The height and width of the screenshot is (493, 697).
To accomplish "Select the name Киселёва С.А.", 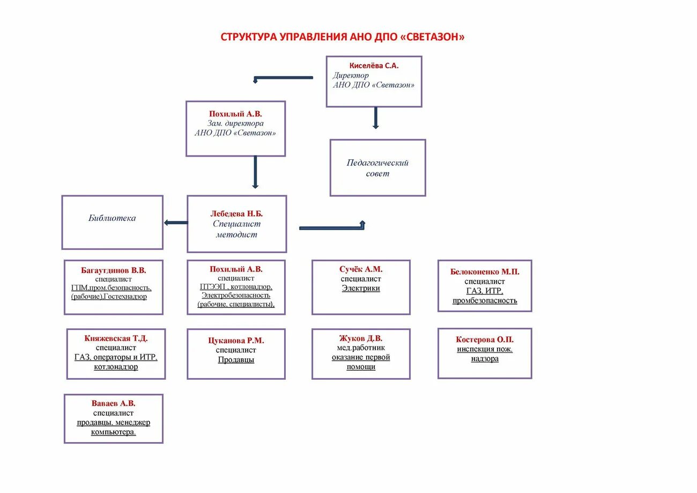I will click(374, 65).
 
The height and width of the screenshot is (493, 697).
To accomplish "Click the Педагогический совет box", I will click(377, 168).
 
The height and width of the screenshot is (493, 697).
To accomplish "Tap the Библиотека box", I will click(112, 218).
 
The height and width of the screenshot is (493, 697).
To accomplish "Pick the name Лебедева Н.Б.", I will click(236, 214).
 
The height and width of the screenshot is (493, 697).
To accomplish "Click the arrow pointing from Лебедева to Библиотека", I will click(175, 223).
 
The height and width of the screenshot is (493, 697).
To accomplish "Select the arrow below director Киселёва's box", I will click(375, 118).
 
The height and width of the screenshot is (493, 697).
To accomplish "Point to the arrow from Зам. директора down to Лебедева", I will click(255, 172).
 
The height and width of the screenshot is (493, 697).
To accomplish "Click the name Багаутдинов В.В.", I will click(114, 270).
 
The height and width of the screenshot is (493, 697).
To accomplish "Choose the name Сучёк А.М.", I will click(361, 269).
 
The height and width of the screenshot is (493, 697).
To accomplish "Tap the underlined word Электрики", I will click(361, 289).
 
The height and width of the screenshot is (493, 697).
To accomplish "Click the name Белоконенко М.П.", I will click(485, 272).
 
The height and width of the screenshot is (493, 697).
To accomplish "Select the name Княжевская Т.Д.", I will click(116, 339).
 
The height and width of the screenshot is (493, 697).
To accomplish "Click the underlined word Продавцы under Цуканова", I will click(236, 360).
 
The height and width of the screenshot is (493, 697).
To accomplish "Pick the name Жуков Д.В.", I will click(361, 339).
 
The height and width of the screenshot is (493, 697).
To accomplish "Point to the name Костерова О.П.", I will click(485, 340).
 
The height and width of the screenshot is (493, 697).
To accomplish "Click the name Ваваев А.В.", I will click(113, 403).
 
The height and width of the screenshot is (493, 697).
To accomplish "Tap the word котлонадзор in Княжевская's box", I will click(116, 367).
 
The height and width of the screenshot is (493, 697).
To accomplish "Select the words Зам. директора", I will click(235, 123).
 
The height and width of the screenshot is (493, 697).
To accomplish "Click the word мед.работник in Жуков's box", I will click(361, 348).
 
